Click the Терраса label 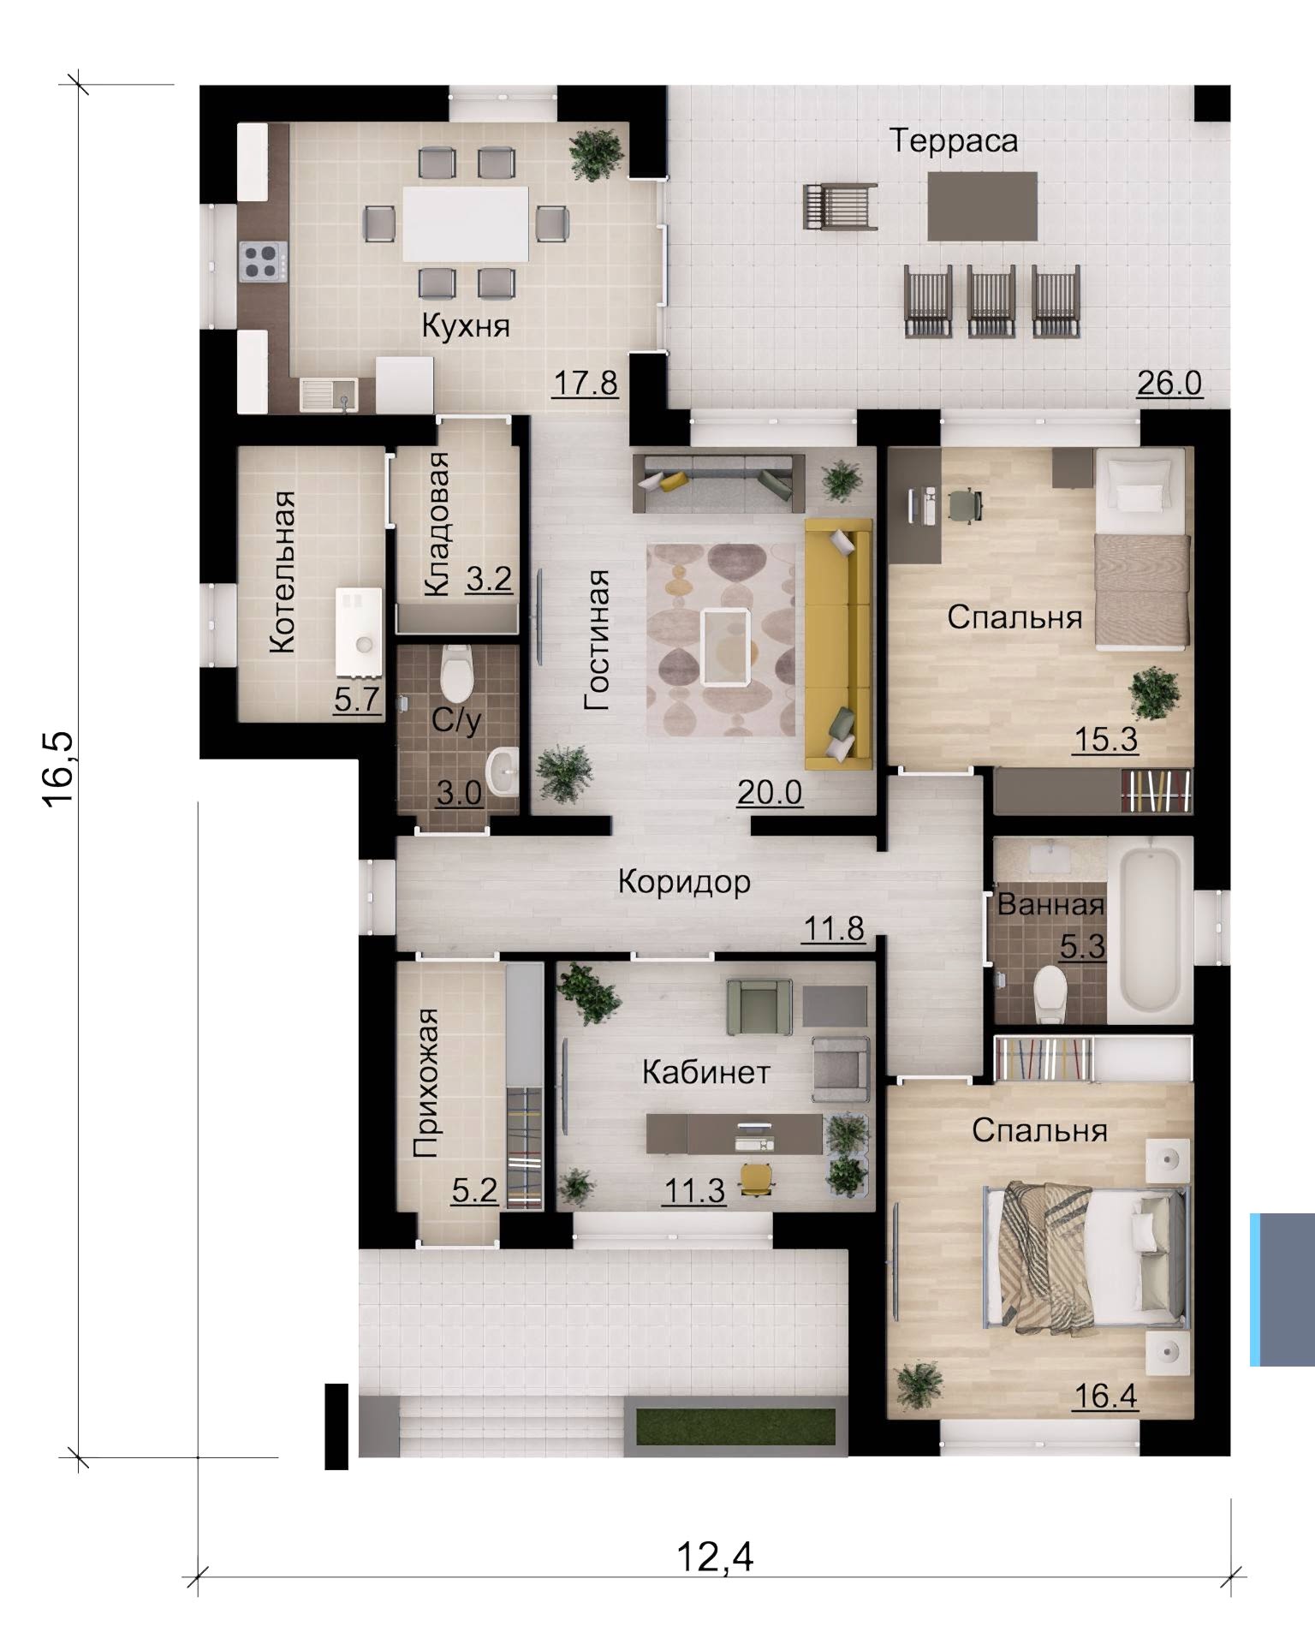pos(954,140)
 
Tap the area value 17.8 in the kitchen pos(585,383)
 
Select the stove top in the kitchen pos(263,261)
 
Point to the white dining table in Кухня pos(467,223)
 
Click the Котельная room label pos(283,573)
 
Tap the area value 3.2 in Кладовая pos(489,580)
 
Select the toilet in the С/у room pos(456,672)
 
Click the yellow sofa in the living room pos(838,644)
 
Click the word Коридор pos(684,881)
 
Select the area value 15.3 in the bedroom pos(1105,739)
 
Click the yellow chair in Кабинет pos(757,1178)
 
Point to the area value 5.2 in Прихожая pos(474,1190)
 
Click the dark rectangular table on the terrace pos(983,206)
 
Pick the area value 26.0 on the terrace pos(1169,383)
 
